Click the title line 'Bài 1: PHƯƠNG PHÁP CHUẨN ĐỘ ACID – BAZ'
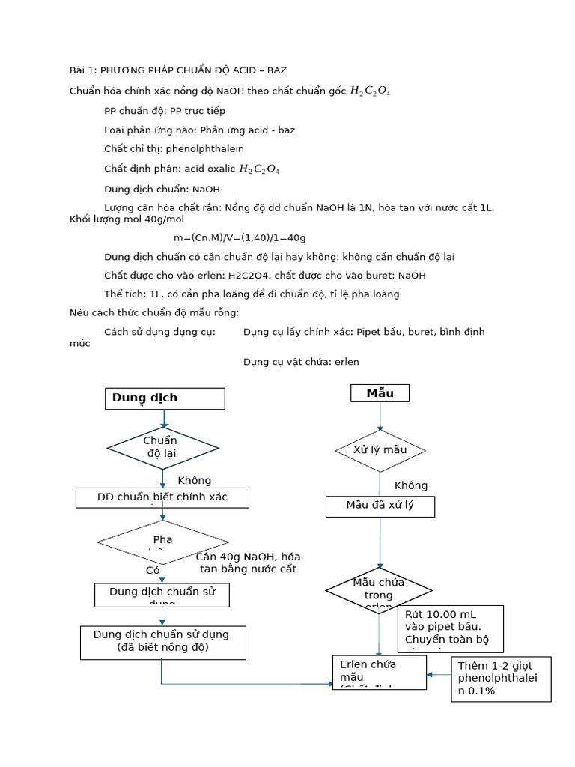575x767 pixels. (x=177, y=70)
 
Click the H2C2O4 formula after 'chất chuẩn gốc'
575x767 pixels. (x=370, y=91)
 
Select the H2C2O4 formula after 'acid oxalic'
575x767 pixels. (x=259, y=169)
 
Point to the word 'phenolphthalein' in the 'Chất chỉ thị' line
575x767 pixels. (x=205, y=149)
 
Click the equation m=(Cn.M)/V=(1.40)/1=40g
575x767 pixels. (x=240, y=237)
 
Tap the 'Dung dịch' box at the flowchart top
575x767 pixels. (x=165, y=398)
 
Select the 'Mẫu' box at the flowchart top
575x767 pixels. (x=380, y=393)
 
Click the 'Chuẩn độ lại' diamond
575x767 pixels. (x=162, y=448)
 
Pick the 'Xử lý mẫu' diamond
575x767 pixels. (x=380, y=450)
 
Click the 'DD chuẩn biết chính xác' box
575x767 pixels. (x=162, y=497)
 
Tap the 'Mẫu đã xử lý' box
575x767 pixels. (x=380, y=506)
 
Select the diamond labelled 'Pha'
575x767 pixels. (x=162, y=542)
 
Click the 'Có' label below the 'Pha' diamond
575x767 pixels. (x=153, y=570)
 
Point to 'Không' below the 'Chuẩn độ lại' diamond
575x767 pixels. (x=195, y=481)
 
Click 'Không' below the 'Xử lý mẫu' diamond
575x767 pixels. (x=411, y=485)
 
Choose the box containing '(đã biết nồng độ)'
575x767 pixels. (x=162, y=642)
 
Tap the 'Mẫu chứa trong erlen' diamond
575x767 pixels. (x=379, y=590)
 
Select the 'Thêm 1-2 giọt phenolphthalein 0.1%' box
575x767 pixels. (x=501, y=679)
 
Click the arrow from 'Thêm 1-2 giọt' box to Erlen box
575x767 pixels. (x=439, y=674)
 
